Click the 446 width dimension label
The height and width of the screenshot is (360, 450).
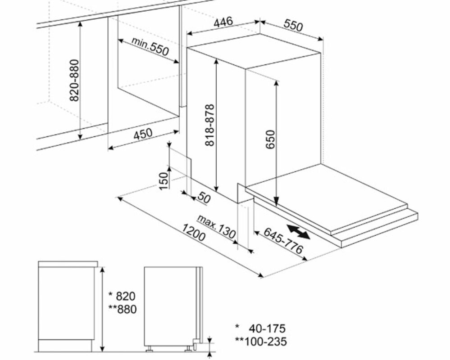[223, 22]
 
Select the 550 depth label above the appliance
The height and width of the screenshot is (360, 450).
[293, 25]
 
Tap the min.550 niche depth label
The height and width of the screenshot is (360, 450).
[150, 46]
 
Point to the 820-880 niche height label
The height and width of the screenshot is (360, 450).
[74, 80]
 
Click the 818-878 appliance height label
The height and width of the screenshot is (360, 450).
[210, 125]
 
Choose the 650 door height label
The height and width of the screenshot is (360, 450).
[270, 139]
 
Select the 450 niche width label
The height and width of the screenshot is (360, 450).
[143, 134]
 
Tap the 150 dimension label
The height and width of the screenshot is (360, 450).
[164, 181]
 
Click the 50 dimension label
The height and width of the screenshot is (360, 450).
[204, 198]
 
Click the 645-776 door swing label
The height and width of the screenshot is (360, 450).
[283, 241]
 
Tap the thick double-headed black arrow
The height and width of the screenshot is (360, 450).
[299, 232]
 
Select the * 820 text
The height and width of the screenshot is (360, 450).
[122, 296]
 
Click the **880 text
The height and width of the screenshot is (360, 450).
[123, 309]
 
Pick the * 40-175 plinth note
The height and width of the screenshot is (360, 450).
[261, 328]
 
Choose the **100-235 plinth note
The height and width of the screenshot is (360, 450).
[261, 342]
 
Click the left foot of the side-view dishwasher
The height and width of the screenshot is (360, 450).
[150, 349]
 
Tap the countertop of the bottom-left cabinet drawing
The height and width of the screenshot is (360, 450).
[68, 264]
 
